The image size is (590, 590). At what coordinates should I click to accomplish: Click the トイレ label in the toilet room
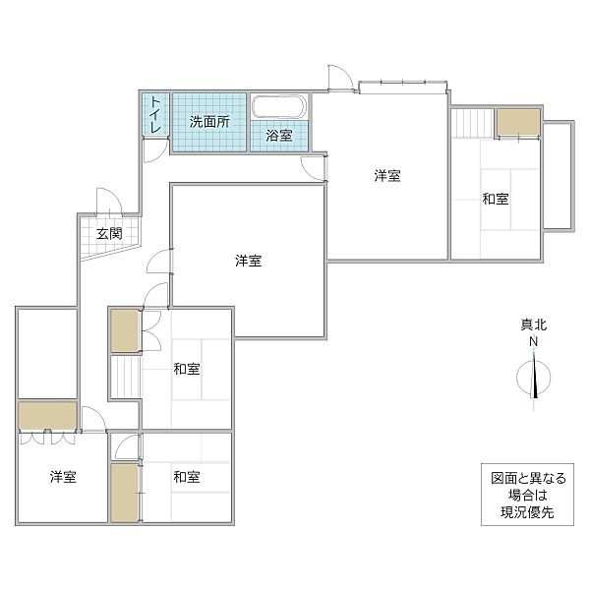coord(156,116)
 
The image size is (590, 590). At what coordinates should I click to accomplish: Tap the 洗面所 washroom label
coord(209,123)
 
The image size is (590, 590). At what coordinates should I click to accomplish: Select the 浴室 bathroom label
coord(279,136)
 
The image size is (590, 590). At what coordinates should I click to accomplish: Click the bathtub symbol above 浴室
coord(279,107)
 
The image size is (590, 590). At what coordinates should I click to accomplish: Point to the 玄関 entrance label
coord(109,234)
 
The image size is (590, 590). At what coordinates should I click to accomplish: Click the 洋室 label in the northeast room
coord(386,176)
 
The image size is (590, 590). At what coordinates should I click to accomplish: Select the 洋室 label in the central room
coord(248,261)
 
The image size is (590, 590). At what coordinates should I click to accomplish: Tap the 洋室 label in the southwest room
coord(64,477)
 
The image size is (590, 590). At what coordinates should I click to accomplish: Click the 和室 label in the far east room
coord(496,200)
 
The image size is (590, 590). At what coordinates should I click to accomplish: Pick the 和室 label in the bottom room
coord(187,477)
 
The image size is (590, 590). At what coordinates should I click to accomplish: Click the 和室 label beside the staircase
coord(187,369)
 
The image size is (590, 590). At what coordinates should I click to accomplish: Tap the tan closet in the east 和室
coord(517,121)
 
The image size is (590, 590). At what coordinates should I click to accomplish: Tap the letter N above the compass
coord(534,342)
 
